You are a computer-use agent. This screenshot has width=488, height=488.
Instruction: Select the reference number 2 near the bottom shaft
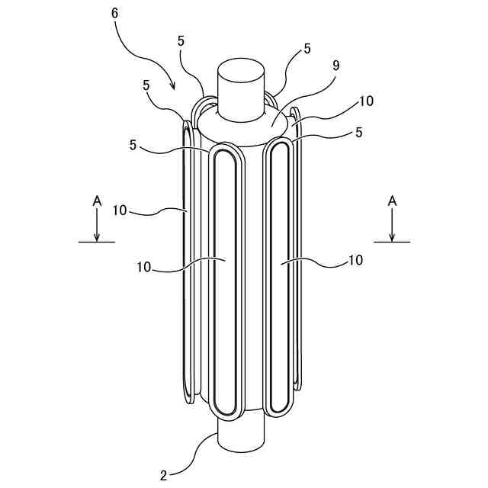[163, 475]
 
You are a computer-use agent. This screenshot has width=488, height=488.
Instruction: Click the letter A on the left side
[97, 200]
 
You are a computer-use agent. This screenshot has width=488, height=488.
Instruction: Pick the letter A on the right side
[392, 200]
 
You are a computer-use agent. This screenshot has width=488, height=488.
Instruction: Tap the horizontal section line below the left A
[97, 242]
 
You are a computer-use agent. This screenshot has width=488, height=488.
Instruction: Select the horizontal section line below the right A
[392, 242]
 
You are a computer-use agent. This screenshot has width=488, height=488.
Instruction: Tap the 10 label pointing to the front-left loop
[145, 268]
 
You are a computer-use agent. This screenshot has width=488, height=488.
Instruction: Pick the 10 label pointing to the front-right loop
[355, 260]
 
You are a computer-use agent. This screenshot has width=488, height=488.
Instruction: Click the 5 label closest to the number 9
[307, 48]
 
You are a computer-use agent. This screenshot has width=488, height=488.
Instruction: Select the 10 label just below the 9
[366, 101]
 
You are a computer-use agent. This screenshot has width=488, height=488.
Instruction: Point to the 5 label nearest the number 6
[181, 40]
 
